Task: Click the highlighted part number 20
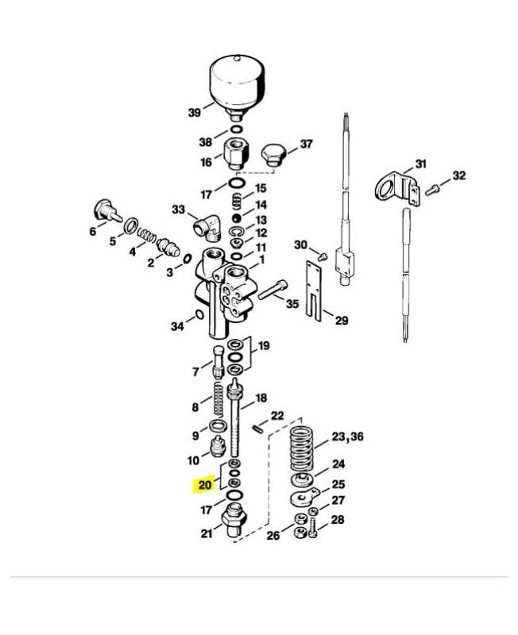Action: pyautogui.click(x=205, y=485)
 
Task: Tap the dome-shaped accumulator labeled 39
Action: pyautogui.click(x=237, y=87)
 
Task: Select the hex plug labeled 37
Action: pyautogui.click(x=273, y=155)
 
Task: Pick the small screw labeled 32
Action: pyautogui.click(x=432, y=190)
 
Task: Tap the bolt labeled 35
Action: pyautogui.click(x=273, y=289)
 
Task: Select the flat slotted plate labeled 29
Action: pyautogui.click(x=315, y=291)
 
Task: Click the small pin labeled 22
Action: pyautogui.click(x=257, y=428)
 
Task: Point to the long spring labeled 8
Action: pyautogui.click(x=218, y=399)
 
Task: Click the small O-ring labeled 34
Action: pyautogui.click(x=199, y=314)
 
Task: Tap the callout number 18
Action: pyautogui.click(x=261, y=398)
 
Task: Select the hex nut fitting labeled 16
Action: pyautogui.click(x=236, y=154)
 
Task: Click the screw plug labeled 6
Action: pyautogui.click(x=106, y=210)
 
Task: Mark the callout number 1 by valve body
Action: pyautogui.click(x=262, y=260)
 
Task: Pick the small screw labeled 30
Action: pyautogui.click(x=323, y=256)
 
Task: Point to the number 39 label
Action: pyautogui.click(x=195, y=112)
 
